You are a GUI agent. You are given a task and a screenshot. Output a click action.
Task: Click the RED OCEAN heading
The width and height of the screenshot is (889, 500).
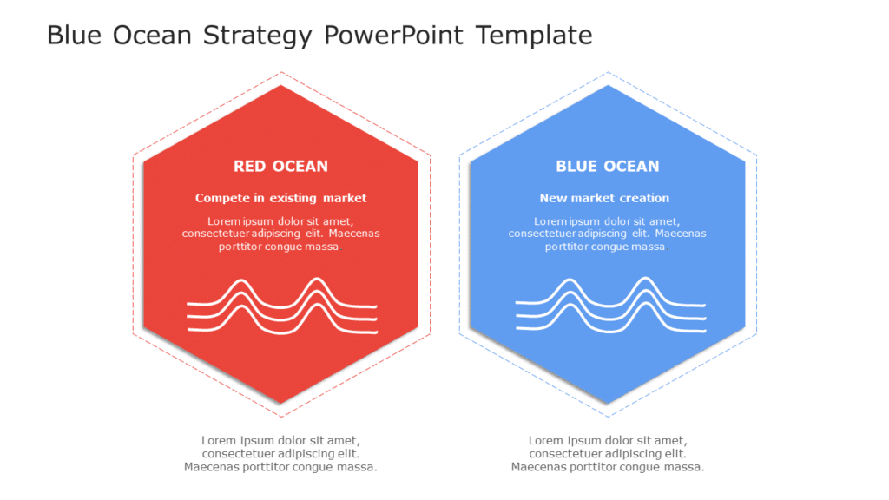[x=280, y=166]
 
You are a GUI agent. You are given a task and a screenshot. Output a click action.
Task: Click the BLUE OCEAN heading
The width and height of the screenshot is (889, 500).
[x=607, y=166]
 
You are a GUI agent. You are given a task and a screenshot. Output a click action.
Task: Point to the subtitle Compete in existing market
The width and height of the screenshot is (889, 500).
[x=280, y=198]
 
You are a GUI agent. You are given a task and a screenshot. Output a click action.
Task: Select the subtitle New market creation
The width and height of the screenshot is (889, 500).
[x=604, y=198]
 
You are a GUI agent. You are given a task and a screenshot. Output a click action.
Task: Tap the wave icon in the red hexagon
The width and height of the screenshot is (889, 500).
[x=282, y=306]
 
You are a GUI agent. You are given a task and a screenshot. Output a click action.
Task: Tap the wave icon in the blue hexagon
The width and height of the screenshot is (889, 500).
[x=609, y=306]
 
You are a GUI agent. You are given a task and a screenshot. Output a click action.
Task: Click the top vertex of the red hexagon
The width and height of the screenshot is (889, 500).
[x=280, y=86]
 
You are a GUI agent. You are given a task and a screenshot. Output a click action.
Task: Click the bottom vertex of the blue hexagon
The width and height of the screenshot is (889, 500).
[x=608, y=403]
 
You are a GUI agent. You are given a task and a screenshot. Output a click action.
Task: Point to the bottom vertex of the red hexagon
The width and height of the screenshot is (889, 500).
[x=280, y=403]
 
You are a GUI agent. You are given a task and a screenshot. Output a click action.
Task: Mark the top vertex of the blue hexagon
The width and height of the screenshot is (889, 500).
[x=608, y=86]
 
